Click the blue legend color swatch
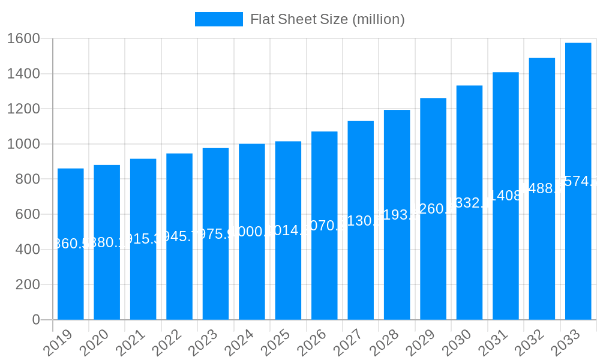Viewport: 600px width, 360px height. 219,19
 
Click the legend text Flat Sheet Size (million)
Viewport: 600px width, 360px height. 328,19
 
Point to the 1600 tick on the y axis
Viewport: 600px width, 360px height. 23,39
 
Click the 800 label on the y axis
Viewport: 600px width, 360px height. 28,179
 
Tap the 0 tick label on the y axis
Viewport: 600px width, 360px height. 36,320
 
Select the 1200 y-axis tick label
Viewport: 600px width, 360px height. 23,109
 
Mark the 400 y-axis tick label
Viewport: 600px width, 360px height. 28,250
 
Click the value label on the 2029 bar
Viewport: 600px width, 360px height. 433,209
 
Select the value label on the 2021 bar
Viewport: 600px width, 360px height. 143,239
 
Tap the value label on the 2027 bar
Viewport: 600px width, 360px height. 361,220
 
